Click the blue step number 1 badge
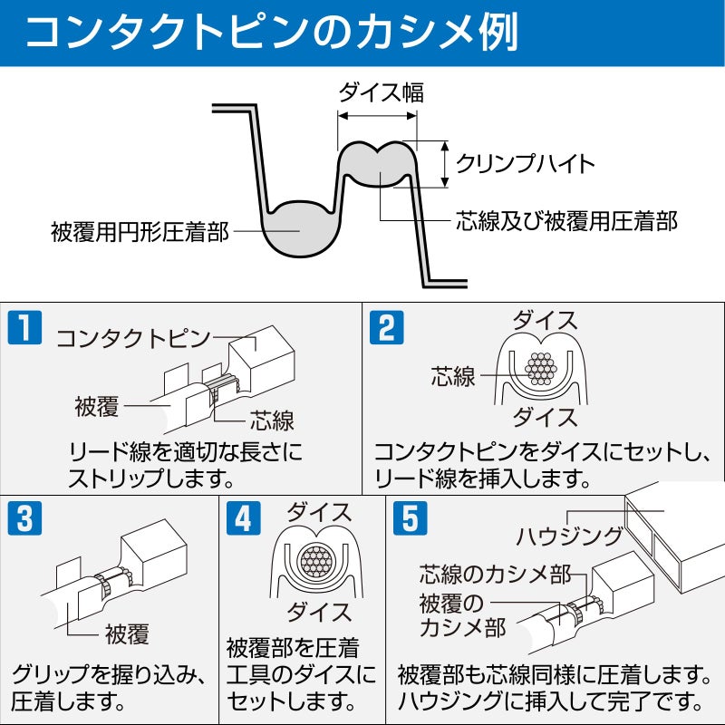24,327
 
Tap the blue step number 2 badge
387,327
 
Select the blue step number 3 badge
24,518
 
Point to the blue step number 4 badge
243,518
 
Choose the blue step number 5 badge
411,518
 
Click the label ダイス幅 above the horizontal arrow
381,92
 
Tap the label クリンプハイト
525,164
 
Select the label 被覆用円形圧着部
140,232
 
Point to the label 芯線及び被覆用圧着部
566,220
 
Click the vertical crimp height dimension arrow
445,164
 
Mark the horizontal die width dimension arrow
377,116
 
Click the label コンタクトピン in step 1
132,338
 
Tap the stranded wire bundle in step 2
541,369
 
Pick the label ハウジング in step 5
569,536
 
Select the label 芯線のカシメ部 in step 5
495,575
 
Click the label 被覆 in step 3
127,633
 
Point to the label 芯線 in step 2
452,376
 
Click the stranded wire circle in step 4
315,562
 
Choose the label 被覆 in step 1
97,406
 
